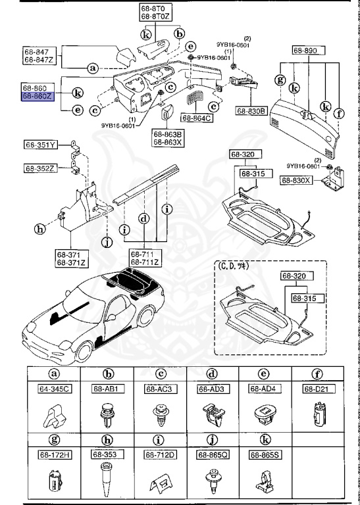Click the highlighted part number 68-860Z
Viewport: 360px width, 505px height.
pos(38,96)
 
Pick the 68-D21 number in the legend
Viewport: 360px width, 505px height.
pos(316,389)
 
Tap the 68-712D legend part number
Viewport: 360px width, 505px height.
pos(158,454)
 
